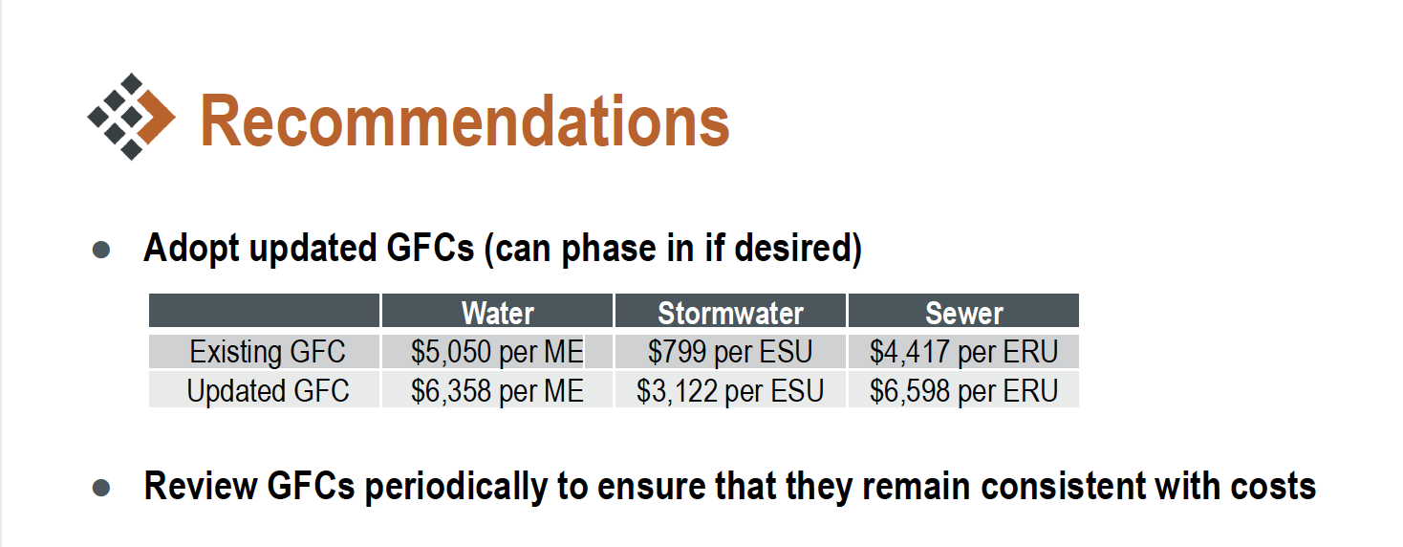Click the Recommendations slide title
[x=464, y=121]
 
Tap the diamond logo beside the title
[x=132, y=117]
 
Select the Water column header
[x=497, y=313]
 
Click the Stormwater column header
[x=730, y=313]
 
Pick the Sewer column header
[x=964, y=313]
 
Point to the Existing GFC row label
[x=268, y=352]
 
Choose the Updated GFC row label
[x=268, y=391]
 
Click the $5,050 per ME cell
[x=497, y=352]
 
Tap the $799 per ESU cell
[x=730, y=352]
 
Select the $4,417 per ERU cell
[x=964, y=352]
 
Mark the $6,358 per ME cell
[x=497, y=391]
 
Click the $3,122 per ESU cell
[x=730, y=391]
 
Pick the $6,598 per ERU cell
[x=964, y=391]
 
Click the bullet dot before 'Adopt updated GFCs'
[x=101, y=250]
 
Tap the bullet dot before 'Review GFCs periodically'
[x=101, y=488]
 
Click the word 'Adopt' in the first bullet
[x=191, y=249]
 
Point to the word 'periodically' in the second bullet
[x=455, y=488]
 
